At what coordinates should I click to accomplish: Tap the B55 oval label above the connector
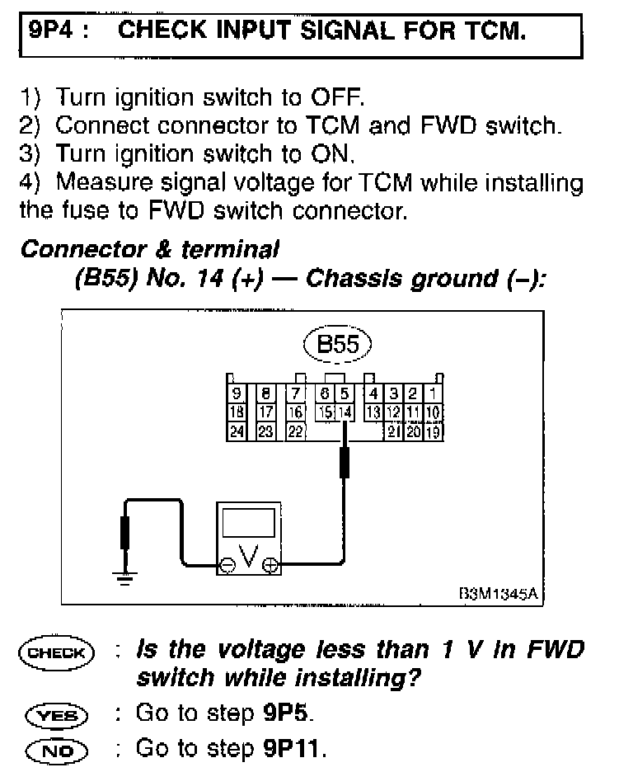click(x=338, y=343)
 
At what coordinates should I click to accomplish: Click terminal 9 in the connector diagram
click(x=237, y=394)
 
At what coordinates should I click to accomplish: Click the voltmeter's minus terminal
click(x=227, y=565)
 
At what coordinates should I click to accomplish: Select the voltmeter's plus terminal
click(x=270, y=565)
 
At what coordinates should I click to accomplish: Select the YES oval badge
click(x=61, y=712)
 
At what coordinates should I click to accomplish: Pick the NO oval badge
click(x=61, y=748)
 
